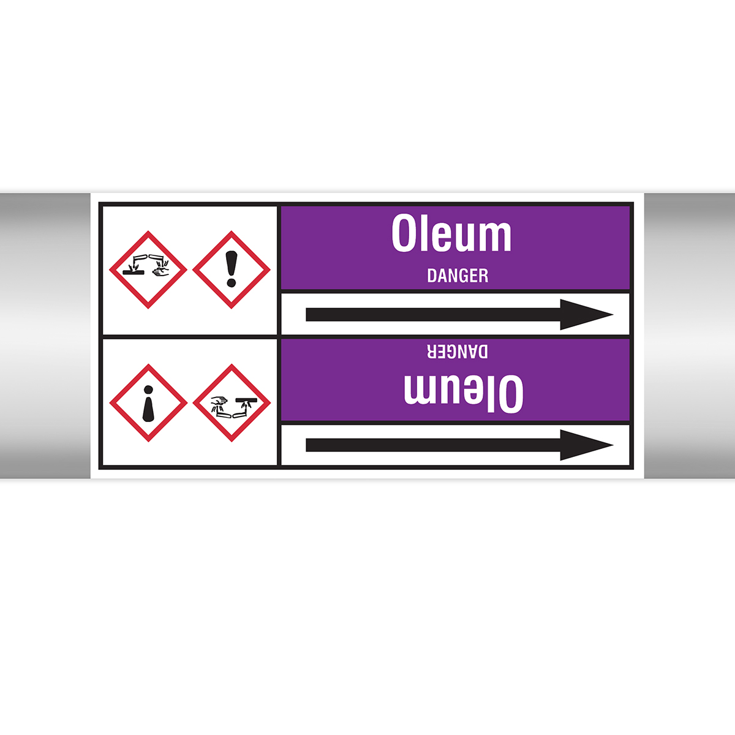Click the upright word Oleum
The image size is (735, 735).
(451, 233)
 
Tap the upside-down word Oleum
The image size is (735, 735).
(464, 393)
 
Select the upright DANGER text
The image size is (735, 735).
(458, 276)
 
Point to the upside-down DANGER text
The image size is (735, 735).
(458, 352)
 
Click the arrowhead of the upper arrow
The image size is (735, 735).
(586, 315)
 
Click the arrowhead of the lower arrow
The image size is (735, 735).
(586, 445)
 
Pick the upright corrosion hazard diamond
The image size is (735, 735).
(148, 269)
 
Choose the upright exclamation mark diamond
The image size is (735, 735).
(231, 269)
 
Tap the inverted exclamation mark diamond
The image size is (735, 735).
(148, 403)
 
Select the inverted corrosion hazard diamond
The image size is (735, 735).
(232, 403)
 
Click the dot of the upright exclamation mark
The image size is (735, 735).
(231, 282)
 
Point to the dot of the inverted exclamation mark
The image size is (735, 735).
(148, 390)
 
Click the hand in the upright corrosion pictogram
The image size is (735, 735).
(161, 271)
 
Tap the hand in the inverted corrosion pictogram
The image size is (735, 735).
(219, 401)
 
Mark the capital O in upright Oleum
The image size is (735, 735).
(404, 233)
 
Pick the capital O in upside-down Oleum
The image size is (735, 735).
(511, 393)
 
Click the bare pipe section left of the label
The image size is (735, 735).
(45, 336)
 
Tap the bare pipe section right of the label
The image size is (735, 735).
(690, 336)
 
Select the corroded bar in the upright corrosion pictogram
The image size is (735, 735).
(134, 273)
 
